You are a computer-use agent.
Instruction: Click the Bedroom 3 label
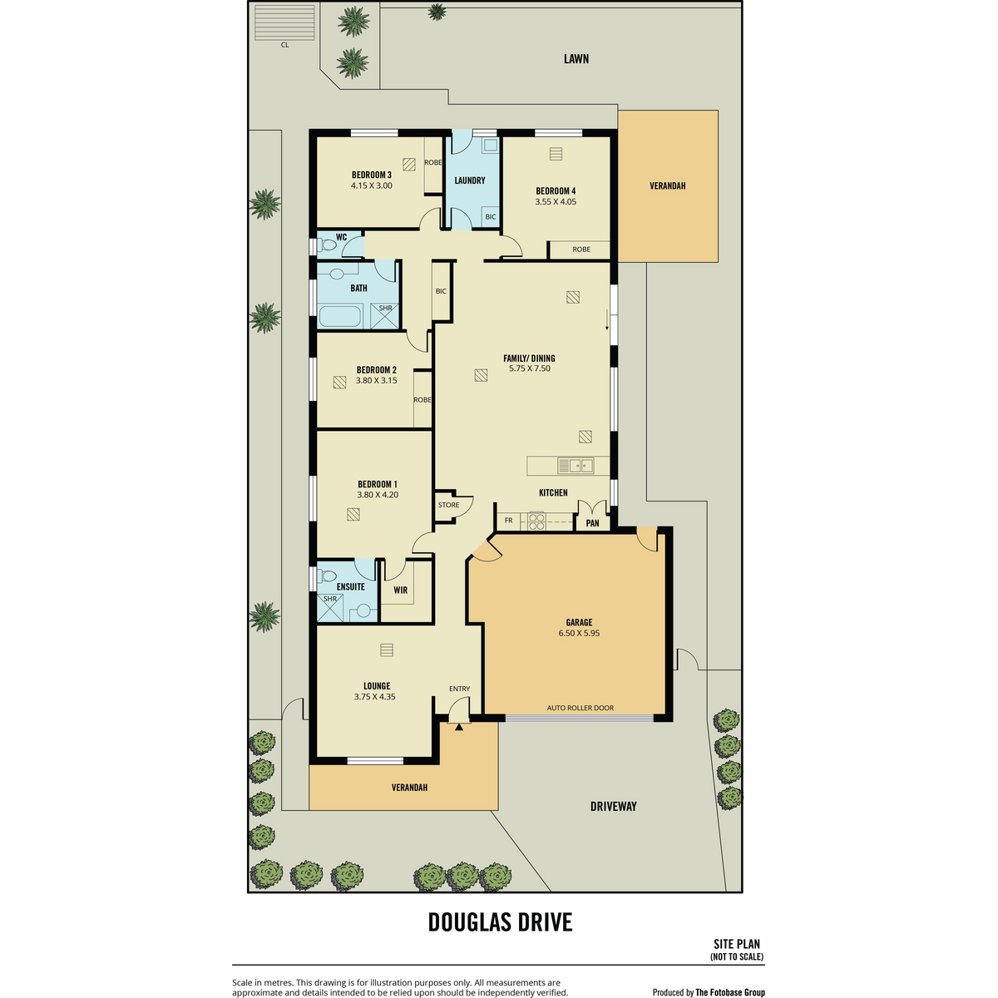pyautogui.click(x=371, y=175)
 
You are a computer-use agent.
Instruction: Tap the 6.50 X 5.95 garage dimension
pyautogui.click(x=579, y=633)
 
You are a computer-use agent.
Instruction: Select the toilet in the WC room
pyautogui.click(x=326, y=244)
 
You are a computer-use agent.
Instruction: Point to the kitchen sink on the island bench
pyautogui.click(x=576, y=466)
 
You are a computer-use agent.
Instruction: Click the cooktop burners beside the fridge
pyautogui.click(x=536, y=521)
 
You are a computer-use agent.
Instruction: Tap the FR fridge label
pyautogui.click(x=509, y=521)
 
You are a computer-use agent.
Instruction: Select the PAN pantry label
pyautogui.click(x=592, y=523)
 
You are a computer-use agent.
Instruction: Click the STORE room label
pyautogui.click(x=448, y=505)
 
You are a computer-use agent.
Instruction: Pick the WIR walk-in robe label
pyautogui.click(x=400, y=590)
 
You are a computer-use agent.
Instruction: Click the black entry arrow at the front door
pyautogui.click(x=459, y=727)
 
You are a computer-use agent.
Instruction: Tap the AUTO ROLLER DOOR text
pyautogui.click(x=580, y=708)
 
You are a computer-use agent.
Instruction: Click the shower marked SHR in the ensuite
pyautogui.click(x=330, y=608)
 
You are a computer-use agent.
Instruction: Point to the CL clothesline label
pyautogui.click(x=285, y=45)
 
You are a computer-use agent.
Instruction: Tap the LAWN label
pyautogui.click(x=576, y=59)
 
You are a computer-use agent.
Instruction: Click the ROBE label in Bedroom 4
pyautogui.click(x=581, y=249)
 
